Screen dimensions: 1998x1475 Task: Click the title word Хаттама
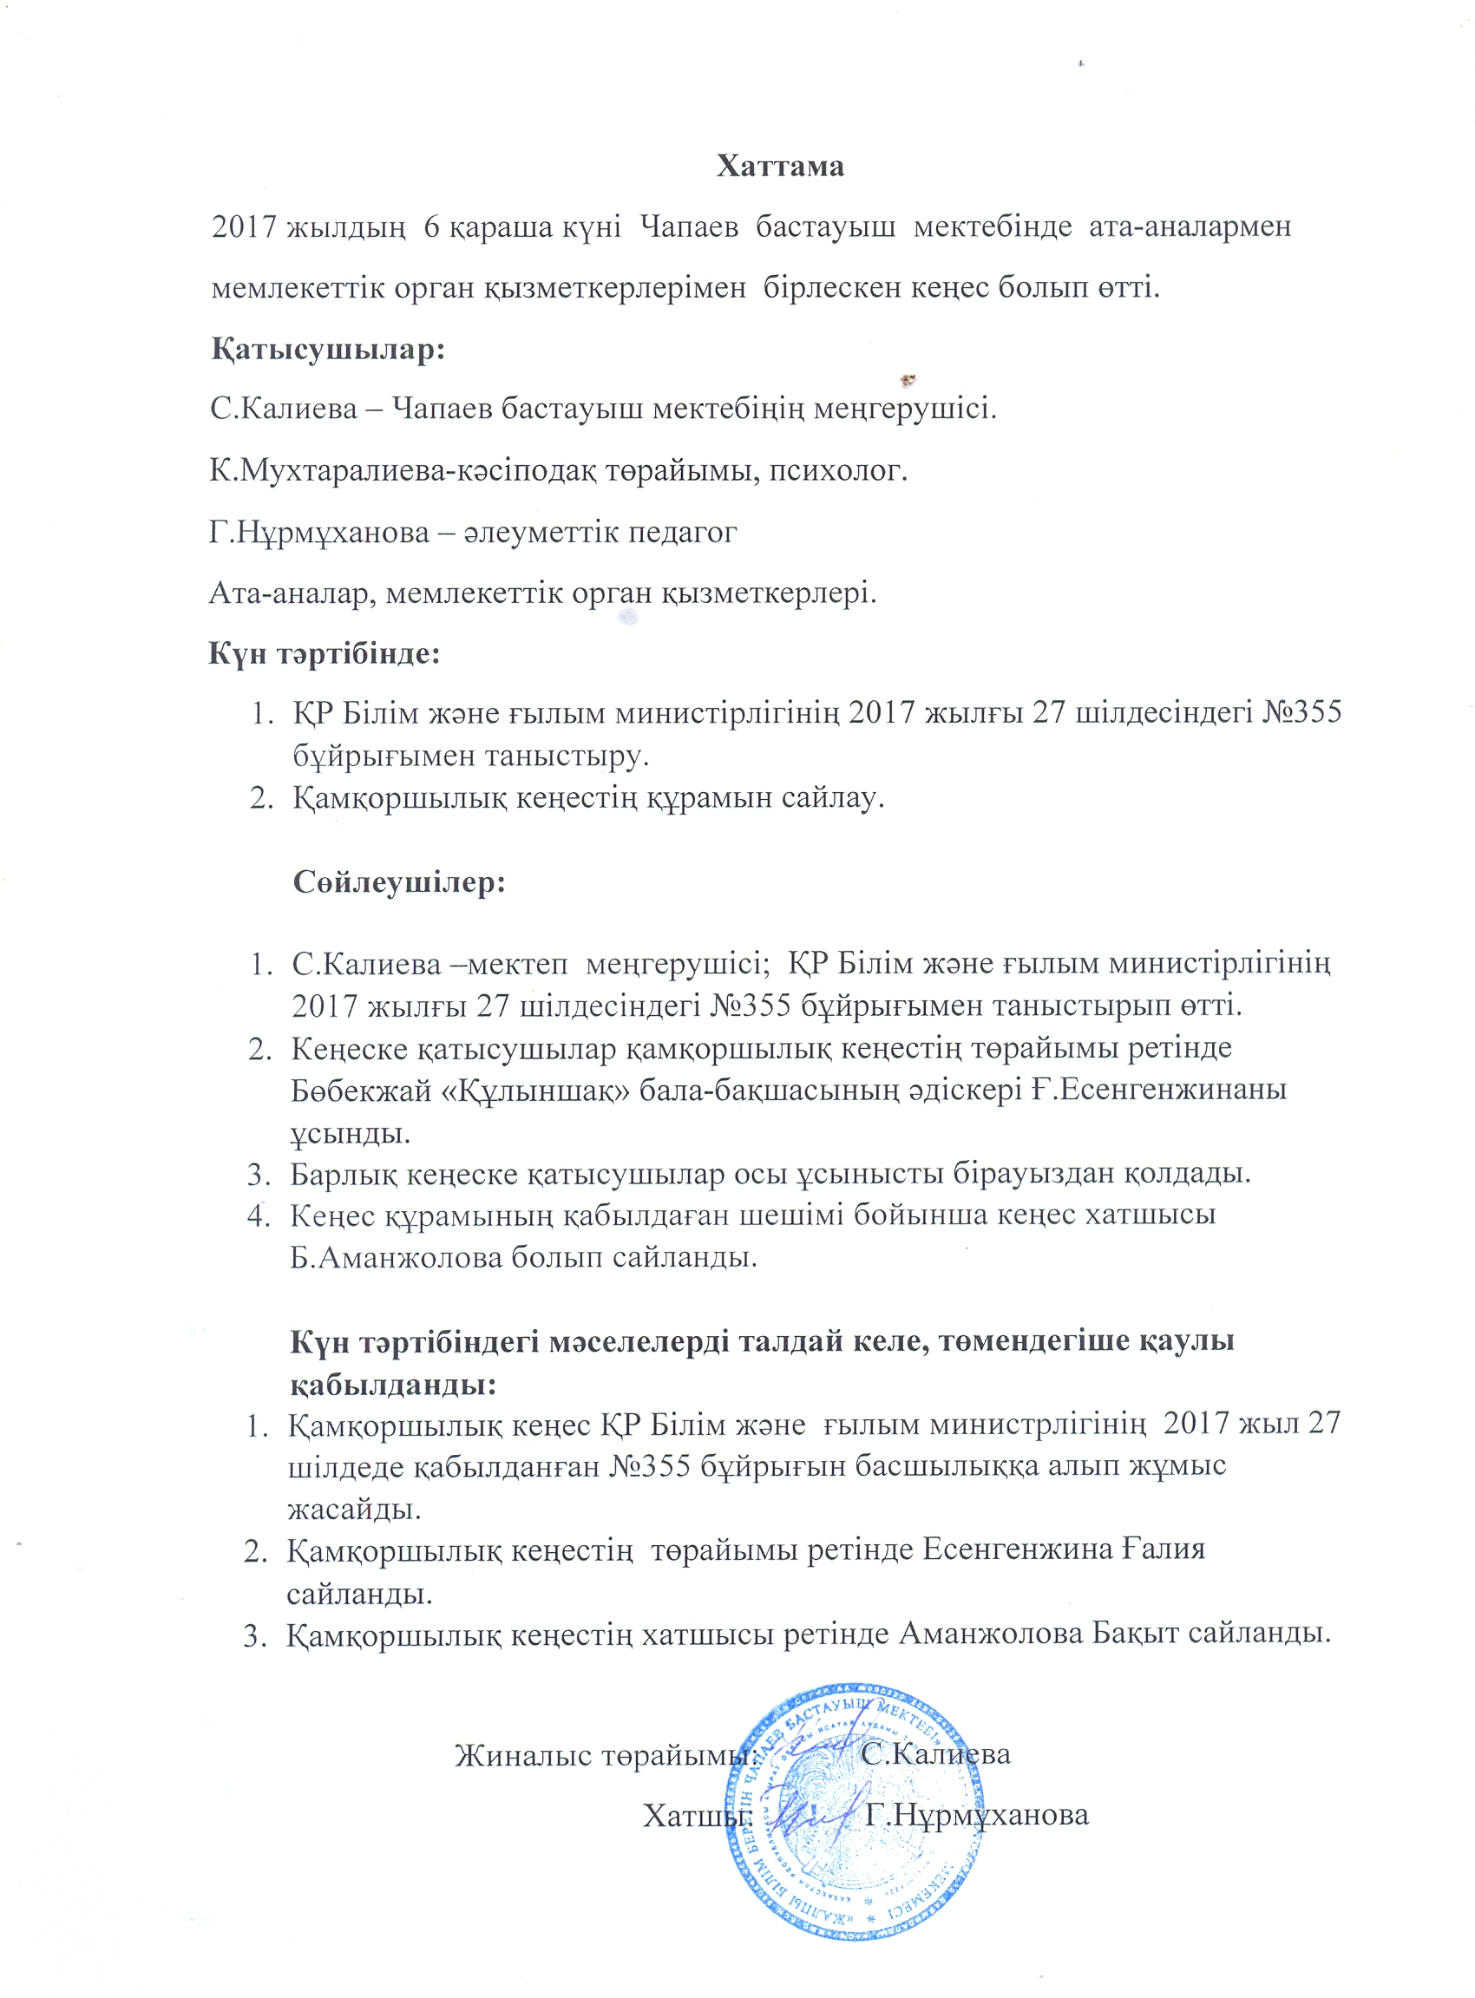pyautogui.click(x=779, y=167)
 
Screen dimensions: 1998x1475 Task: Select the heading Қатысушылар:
pyautogui.click(x=328, y=349)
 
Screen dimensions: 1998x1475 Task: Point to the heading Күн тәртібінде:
pyautogui.click(x=324, y=653)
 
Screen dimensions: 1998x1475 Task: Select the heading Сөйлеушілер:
pyautogui.click(x=399, y=883)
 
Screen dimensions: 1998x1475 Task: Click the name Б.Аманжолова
pyautogui.click(x=397, y=1257)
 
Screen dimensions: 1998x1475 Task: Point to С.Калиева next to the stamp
pyautogui.click(x=935, y=1754)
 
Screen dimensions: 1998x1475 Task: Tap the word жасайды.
pyautogui.click(x=354, y=1508)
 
